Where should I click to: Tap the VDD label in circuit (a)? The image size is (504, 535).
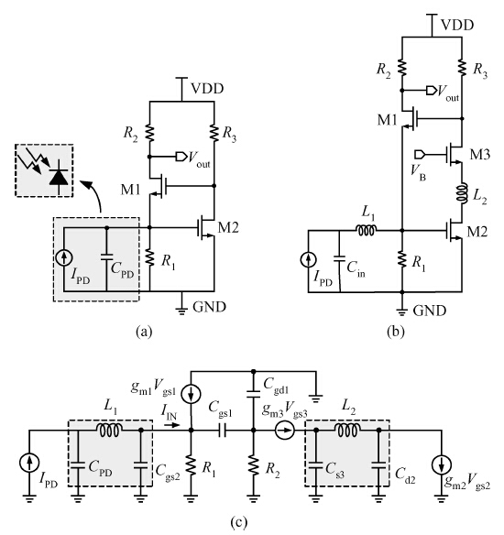207,89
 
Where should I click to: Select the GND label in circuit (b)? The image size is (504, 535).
429,311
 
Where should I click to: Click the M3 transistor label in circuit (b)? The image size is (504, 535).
480,155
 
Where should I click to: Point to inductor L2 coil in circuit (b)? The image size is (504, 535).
464,193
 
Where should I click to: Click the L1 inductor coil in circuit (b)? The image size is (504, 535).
367,231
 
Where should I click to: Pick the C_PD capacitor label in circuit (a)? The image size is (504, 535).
122,269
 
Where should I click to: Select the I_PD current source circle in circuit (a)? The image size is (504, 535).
64,258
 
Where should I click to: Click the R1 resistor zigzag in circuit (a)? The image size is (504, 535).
149,257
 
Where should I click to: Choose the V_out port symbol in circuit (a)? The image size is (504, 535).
181,157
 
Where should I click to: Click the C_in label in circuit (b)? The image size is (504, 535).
356,268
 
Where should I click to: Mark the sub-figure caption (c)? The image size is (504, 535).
239,522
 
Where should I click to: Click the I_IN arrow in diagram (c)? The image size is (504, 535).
170,425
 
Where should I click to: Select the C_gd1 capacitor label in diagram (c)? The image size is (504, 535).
276,387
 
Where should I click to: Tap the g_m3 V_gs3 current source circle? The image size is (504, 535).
285,431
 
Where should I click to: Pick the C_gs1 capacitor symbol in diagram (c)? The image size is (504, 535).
222,431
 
